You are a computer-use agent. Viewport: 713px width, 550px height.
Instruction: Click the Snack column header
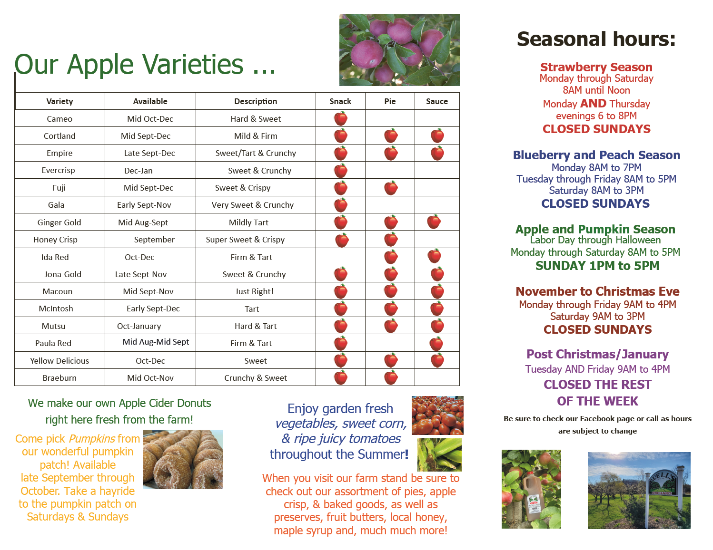[x=340, y=101]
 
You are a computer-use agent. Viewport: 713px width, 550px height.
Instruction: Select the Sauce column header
[x=437, y=101]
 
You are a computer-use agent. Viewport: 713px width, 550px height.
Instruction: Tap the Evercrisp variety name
[x=59, y=170]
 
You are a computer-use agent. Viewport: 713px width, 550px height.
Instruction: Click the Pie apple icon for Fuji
[x=390, y=188]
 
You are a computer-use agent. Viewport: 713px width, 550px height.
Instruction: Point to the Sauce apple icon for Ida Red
[x=435, y=256]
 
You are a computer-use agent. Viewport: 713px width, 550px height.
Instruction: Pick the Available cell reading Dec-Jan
[x=138, y=171]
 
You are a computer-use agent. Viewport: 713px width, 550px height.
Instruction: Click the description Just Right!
[x=254, y=291]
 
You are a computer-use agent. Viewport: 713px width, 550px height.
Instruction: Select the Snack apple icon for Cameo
[x=341, y=118]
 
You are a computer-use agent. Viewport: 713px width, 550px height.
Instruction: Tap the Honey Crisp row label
[x=56, y=240]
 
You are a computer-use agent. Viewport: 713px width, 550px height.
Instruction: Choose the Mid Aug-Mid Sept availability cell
[x=156, y=342]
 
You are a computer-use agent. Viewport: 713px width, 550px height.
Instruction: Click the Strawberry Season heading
[x=596, y=67]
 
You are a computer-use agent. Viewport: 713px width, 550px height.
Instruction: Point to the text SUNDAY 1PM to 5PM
[x=597, y=266]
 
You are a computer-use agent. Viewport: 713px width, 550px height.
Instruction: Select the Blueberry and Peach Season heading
[x=596, y=155]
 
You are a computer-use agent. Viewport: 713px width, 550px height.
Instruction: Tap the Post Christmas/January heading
[x=597, y=354]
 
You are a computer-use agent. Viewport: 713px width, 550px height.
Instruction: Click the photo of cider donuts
[x=183, y=459]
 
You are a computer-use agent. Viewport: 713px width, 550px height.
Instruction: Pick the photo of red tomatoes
[x=437, y=415]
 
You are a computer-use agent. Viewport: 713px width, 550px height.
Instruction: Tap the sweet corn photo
[x=439, y=454]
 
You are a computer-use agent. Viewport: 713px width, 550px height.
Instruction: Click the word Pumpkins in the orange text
[x=92, y=439]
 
